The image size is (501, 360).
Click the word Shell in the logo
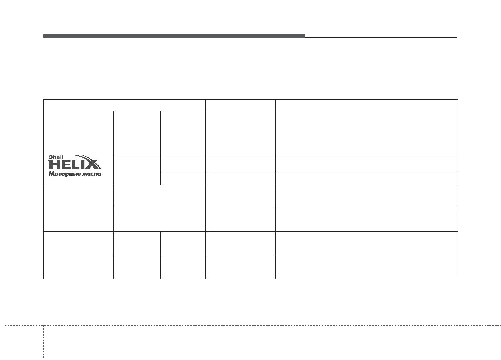tap(56, 157)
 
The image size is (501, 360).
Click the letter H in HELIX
tap(54, 165)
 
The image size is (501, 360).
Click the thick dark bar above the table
tap(174, 36)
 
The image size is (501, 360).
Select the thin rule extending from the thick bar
tap(381, 37)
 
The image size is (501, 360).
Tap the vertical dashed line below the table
tap(43, 342)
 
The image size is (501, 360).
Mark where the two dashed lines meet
tap(43, 326)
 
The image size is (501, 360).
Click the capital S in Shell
tap(51, 157)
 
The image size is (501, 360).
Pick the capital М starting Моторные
tap(51, 173)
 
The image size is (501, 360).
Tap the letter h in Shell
tap(54, 157)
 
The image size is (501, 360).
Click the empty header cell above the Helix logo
tap(124, 105)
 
